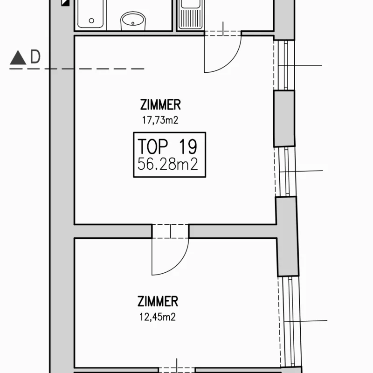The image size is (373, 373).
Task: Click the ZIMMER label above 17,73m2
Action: pyautogui.click(x=160, y=104)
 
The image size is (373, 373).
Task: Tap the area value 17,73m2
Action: pyautogui.click(x=160, y=120)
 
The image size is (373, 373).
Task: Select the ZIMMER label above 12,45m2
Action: pyautogui.click(x=158, y=301)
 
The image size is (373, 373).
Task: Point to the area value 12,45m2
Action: pyautogui.click(x=158, y=317)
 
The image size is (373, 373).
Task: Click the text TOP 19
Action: pyautogui.click(x=167, y=146)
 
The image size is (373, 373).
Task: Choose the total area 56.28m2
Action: pyautogui.click(x=168, y=164)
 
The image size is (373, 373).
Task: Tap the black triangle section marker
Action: pyautogui.click(x=18, y=57)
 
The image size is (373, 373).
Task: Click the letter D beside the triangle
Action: pyautogui.click(x=35, y=56)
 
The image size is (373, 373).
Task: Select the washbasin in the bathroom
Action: pyautogui.click(x=133, y=21)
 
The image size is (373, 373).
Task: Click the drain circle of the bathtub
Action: pyautogui.click(x=91, y=21)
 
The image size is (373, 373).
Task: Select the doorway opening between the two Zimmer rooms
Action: pyautogui.click(x=170, y=231)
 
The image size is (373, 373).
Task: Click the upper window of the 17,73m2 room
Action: pyautogui.click(x=284, y=65)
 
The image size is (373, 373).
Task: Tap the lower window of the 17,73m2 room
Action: pyautogui.click(x=286, y=172)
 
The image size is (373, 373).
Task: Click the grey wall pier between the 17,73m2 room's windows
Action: pyautogui.click(x=284, y=118)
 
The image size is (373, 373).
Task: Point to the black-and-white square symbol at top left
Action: pyautogui.click(x=65, y=3)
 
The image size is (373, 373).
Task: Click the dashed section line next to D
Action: pyautogui.click(x=77, y=69)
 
